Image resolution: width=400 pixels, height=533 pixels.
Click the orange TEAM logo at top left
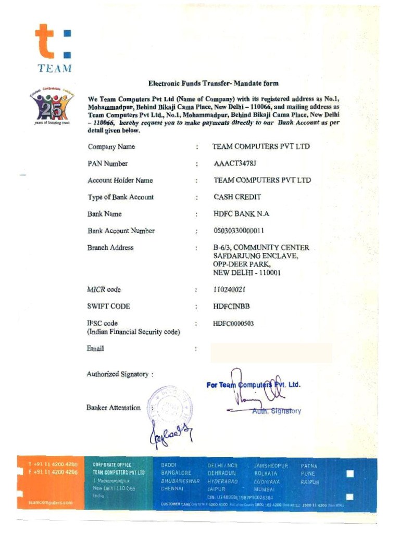tap(54, 47)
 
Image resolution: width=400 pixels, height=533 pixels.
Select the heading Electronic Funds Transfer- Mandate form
tap(213, 83)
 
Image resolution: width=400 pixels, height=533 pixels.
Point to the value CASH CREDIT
tap(237, 197)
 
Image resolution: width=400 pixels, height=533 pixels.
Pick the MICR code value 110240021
tap(229, 289)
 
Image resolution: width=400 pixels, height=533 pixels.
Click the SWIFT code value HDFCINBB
tap(231, 307)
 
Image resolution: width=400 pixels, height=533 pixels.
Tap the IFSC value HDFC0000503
tap(233, 323)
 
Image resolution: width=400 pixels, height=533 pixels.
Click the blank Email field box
tap(271, 352)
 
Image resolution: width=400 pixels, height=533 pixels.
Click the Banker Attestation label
tap(114, 408)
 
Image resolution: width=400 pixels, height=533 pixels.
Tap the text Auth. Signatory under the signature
tap(277, 411)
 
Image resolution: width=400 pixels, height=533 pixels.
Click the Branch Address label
tap(110, 248)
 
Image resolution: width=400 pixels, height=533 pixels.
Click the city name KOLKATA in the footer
tap(266, 474)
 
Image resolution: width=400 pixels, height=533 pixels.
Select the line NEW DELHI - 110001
tap(246, 273)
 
